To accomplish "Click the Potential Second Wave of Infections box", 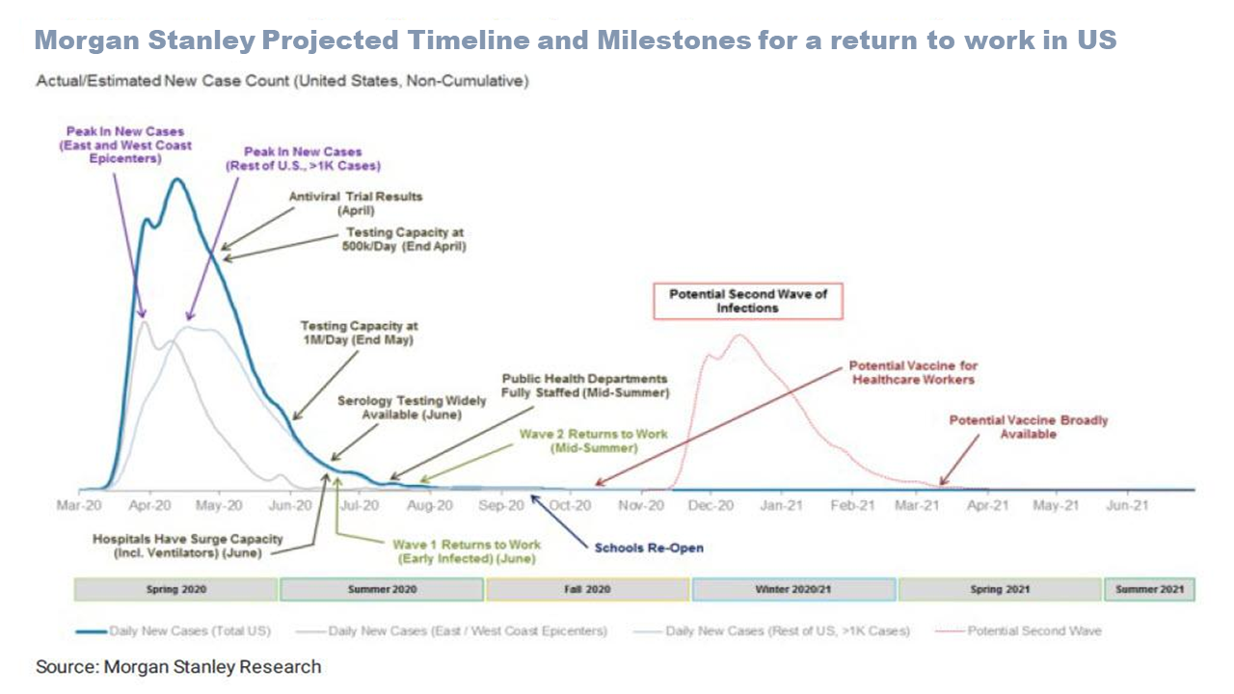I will (748, 301).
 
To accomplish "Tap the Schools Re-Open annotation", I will (649, 547).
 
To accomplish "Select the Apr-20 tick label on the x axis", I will (149, 504).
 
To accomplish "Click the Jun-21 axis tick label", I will (1126, 504).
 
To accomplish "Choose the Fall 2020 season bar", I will (588, 589).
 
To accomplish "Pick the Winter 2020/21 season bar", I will (793, 589).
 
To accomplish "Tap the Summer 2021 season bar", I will (1149, 589).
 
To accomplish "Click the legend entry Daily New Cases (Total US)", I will (174, 631).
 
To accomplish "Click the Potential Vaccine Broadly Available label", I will (1029, 427).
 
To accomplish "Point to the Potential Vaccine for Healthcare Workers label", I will (912, 372).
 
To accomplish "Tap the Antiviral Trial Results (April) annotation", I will (357, 202).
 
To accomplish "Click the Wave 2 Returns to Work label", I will (593, 440).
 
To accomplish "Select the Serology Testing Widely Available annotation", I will (399, 407).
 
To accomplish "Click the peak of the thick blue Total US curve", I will (176, 179).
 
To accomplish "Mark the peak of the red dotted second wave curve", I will (740, 335).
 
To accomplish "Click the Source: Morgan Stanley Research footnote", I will (178, 666).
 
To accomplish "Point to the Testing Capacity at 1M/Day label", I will (359, 333).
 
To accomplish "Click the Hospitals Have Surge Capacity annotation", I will (188, 546).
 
